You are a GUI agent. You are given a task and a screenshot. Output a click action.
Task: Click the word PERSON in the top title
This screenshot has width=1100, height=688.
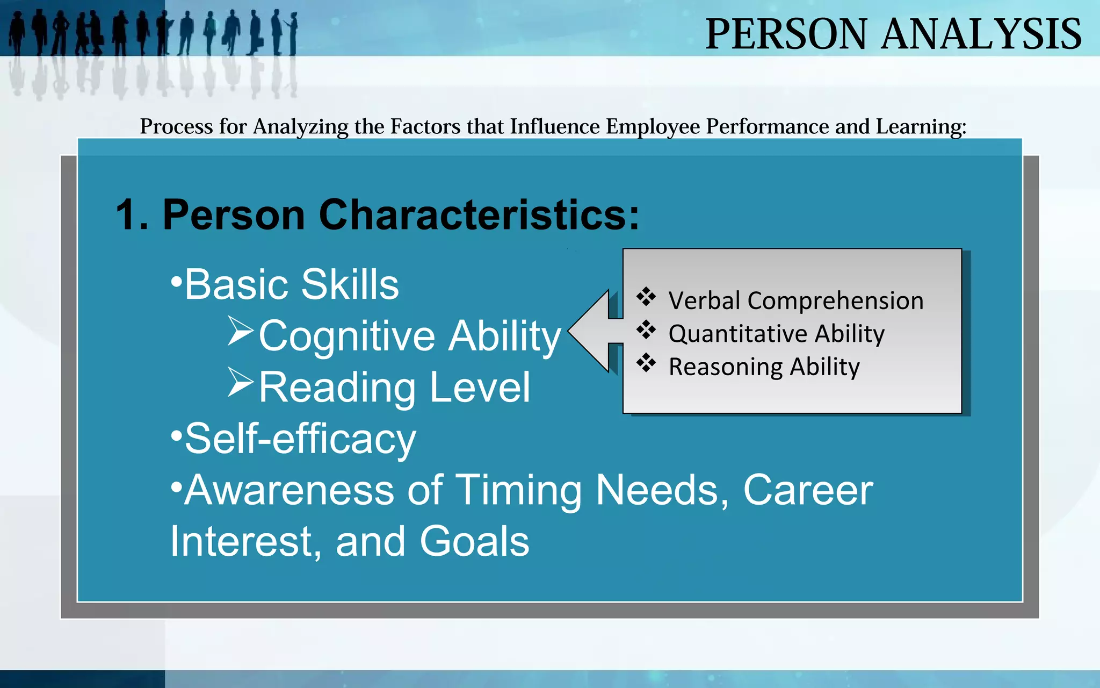(x=785, y=34)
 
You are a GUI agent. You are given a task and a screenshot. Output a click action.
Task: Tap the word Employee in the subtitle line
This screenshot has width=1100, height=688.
(x=653, y=127)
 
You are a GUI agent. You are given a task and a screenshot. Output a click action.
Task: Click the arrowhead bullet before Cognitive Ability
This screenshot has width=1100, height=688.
(x=240, y=331)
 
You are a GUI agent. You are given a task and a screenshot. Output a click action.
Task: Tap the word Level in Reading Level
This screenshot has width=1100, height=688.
(x=480, y=387)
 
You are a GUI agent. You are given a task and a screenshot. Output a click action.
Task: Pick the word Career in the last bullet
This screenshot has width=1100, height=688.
(x=808, y=490)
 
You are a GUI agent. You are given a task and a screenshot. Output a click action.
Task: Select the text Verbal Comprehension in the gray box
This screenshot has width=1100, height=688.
(x=795, y=300)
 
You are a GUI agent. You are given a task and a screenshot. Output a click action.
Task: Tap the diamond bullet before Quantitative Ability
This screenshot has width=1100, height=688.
(x=646, y=330)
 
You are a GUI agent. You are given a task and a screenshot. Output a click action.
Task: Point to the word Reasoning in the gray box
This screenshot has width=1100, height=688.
(x=726, y=367)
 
